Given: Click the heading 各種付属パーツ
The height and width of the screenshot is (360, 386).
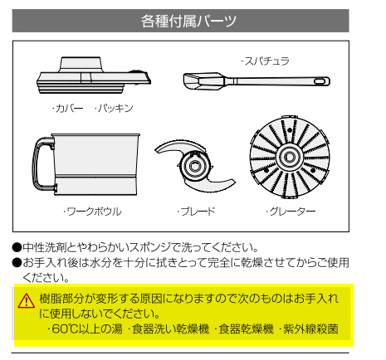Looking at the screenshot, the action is pyautogui.click(x=188, y=21).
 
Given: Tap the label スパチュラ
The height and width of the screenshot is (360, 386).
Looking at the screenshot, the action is pyautogui.click(x=265, y=61).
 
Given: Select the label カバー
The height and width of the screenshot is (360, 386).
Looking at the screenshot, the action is pyautogui.click(x=67, y=108).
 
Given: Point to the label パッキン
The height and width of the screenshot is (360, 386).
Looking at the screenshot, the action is pyautogui.click(x=114, y=108).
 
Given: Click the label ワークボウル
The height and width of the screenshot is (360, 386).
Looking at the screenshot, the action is pyautogui.click(x=92, y=212).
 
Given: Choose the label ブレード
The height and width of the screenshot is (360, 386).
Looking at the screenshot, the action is pyautogui.click(x=196, y=212).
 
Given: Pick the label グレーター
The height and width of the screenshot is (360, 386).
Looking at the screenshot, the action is pyautogui.click(x=291, y=212).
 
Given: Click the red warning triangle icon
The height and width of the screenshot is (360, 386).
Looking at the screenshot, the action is pyautogui.click(x=27, y=301).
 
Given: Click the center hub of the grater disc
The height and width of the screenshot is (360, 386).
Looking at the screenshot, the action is pyautogui.click(x=290, y=157).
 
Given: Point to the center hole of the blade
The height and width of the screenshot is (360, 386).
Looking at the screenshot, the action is pyautogui.click(x=194, y=166).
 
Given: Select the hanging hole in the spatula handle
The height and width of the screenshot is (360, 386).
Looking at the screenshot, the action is pyautogui.click(x=320, y=81).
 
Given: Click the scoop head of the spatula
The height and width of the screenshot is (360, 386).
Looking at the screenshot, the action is pyautogui.click(x=203, y=81).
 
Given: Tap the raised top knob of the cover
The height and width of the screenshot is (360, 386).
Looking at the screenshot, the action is pyautogui.click(x=81, y=65).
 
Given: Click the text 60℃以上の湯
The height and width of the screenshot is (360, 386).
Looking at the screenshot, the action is pyautogui.click(x=85, y=329).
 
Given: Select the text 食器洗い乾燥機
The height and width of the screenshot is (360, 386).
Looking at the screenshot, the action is pyautogui.click(x=169, y=329).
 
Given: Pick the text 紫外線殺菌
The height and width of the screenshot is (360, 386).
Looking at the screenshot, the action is pyautogui.click(x=308, y=329).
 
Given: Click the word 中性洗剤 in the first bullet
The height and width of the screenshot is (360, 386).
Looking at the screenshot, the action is pyautogui.click(x=45, y=247).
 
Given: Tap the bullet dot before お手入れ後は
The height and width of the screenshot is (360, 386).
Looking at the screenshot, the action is pyautogui.click(x=17, y=262).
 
